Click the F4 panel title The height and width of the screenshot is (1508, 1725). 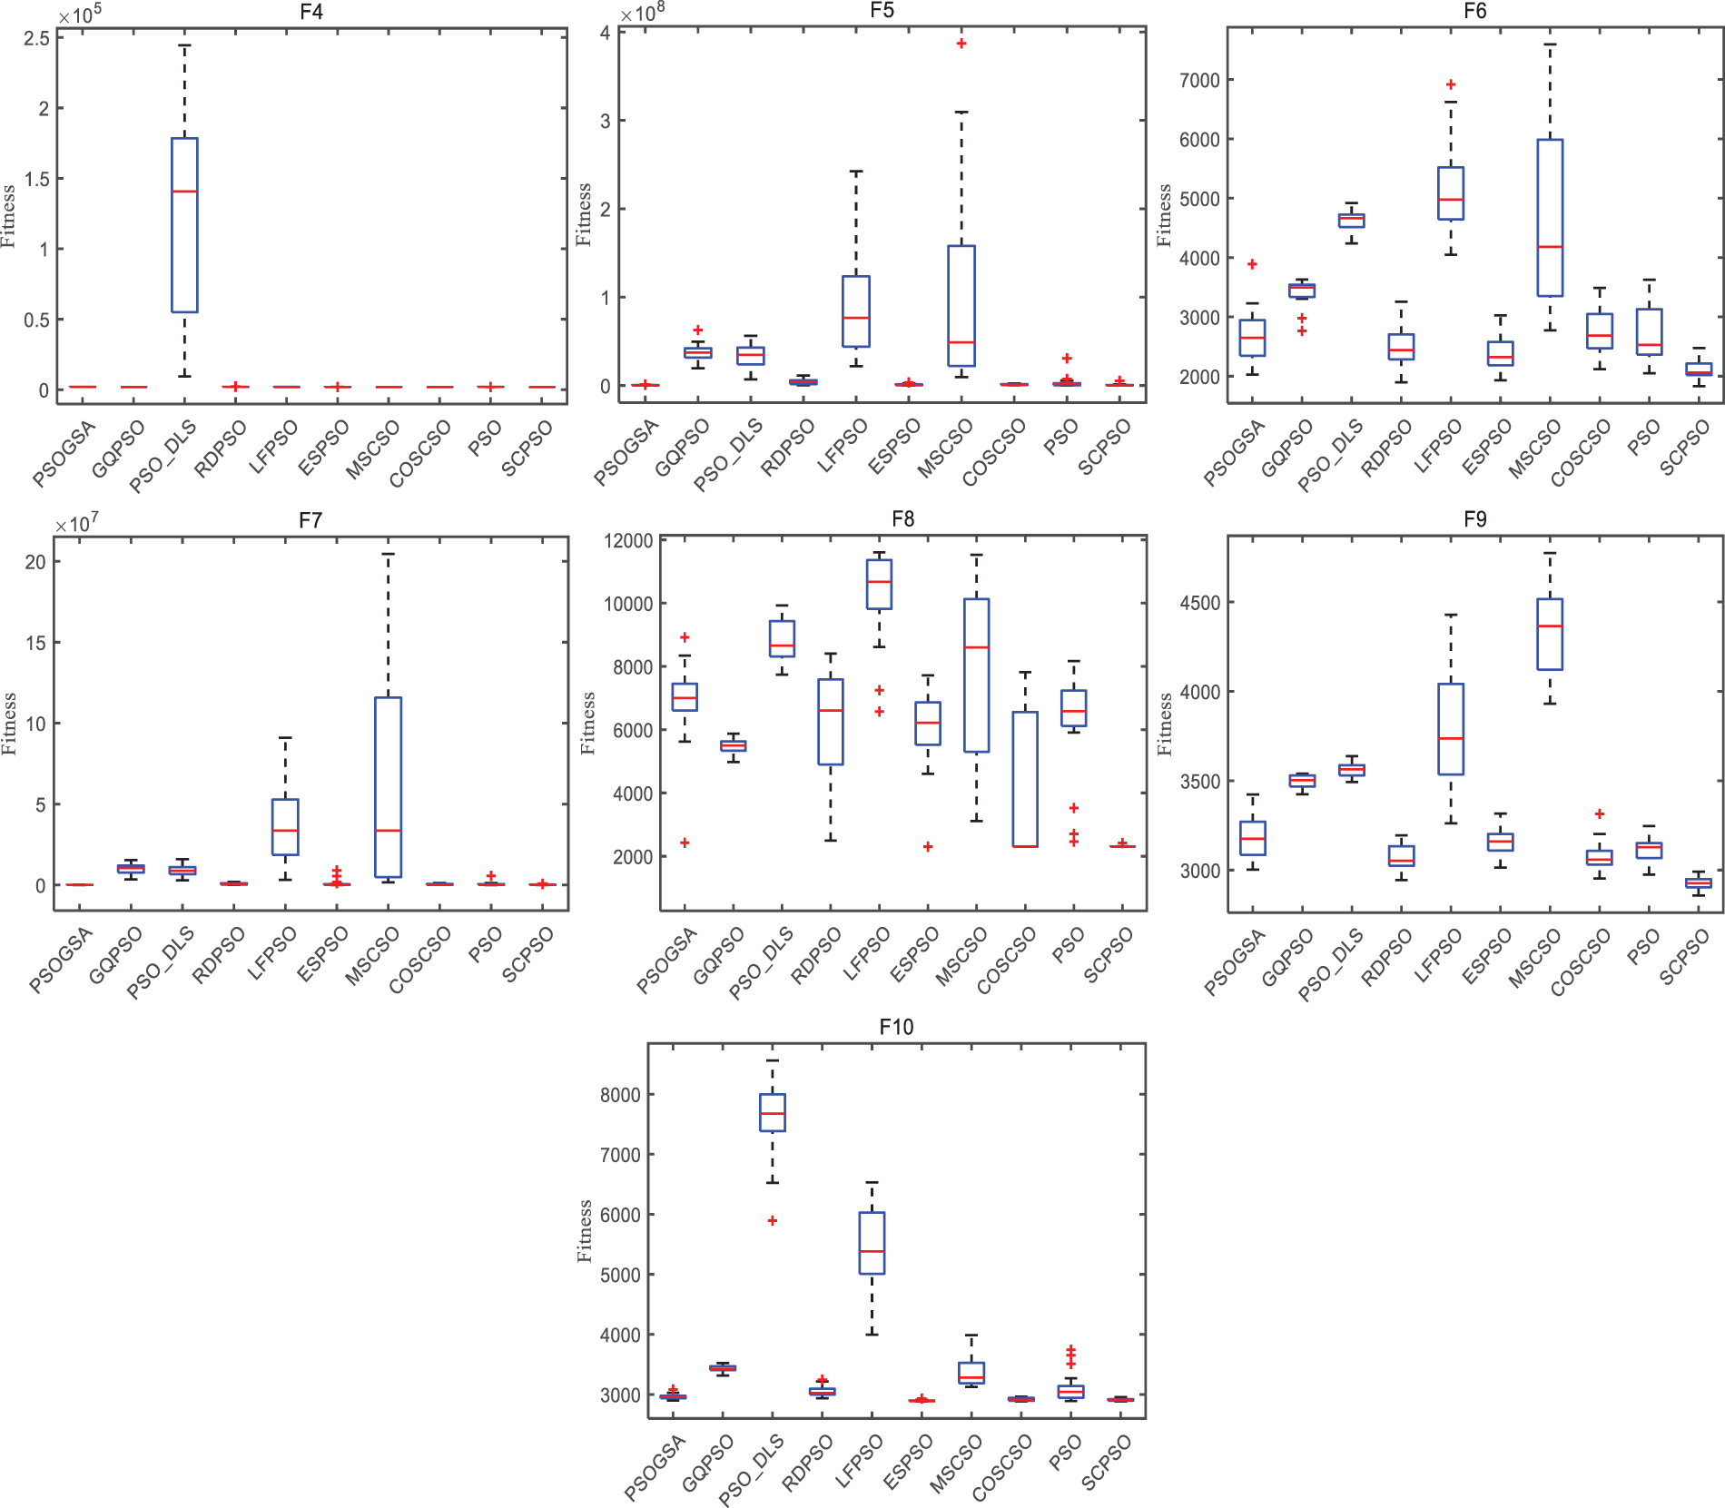pos(310,12)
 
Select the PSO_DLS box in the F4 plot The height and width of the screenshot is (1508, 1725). pos(184,225)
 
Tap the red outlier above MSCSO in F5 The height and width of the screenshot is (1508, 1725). pos(961,44)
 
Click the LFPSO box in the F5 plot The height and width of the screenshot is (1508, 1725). pos(855,311)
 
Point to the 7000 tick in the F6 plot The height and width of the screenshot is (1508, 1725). pos(1199,80)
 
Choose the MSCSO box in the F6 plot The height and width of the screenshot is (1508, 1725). pos(1550,218)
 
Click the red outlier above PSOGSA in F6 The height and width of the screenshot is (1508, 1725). pos(1252,264)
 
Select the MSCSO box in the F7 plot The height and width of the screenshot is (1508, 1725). pos(388,787)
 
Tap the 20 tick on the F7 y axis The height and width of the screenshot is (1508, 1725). pos(34,562)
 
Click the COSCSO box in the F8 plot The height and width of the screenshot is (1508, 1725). pos(1025,779)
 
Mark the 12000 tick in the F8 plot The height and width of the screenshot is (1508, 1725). pos(628,541)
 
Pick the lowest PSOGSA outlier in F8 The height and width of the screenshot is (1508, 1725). pos(685,843)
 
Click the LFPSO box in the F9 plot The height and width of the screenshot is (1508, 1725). pos(1451,729)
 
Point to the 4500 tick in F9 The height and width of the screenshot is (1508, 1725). pos(1199,603)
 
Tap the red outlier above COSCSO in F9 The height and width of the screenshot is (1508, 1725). pos(1599,813)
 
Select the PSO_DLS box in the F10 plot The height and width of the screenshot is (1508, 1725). pos(773,1112)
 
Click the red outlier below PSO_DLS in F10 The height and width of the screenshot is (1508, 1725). pos(773,1221)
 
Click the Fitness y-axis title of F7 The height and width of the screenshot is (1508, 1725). pos(9,724)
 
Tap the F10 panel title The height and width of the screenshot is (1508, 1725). pos(896,1027)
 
